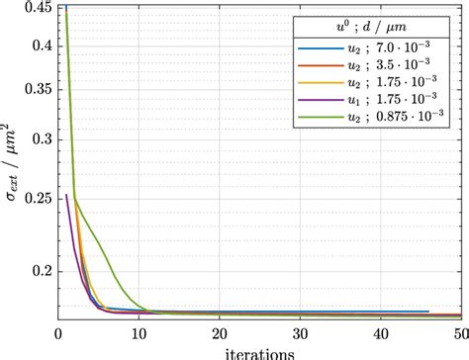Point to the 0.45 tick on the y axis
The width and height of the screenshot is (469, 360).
(x=37, y=8)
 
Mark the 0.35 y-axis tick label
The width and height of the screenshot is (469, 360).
(x=37, y=88)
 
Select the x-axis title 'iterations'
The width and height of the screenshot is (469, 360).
(x=259, y=352)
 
